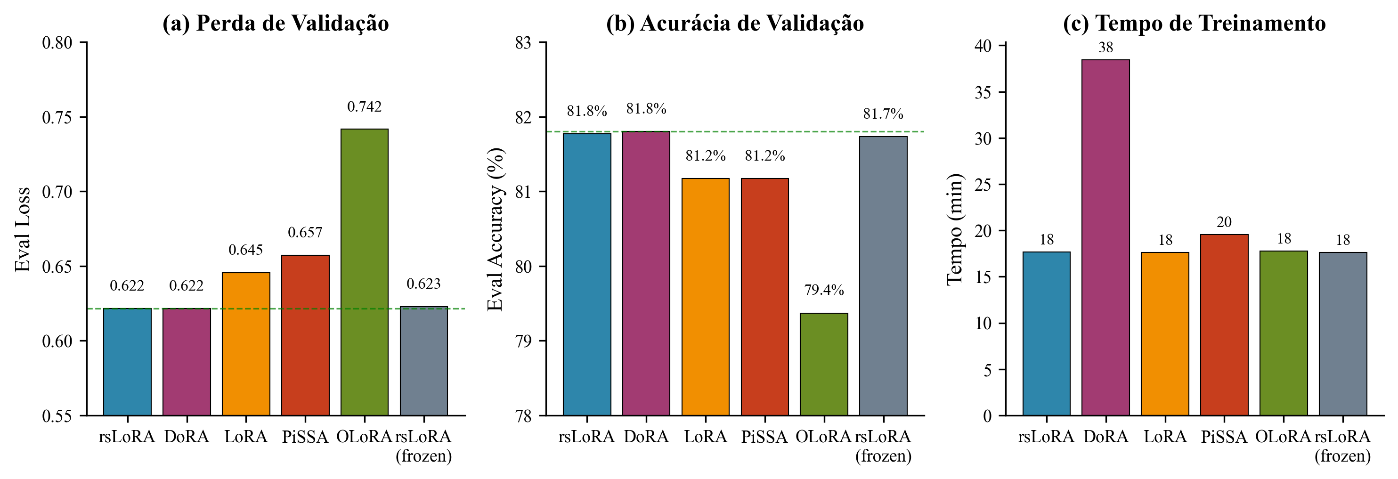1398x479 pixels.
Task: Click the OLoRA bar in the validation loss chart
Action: coord(364,271)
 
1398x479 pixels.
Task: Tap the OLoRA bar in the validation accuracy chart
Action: coord(824,364)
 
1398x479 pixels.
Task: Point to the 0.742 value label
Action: coord(364,107)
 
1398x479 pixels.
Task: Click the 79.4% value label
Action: coord(824,290)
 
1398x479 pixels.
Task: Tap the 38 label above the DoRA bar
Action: coord(1105,48)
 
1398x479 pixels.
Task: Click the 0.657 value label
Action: coord(305,233)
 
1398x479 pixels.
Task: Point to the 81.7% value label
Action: coord(883,114)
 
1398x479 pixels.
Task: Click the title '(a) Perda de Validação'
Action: coord(276,24)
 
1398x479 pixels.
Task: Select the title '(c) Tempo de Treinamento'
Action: coord(1195,24)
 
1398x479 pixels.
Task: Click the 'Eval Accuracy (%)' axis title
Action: coord(495,229)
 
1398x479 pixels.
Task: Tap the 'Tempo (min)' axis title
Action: coord(955,229)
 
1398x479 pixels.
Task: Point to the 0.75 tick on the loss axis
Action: coord(57,117)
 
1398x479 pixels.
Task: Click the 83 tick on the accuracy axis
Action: coord(523,43)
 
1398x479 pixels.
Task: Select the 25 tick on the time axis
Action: coord(983,185)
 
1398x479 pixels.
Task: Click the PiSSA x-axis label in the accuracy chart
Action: coord(764,437)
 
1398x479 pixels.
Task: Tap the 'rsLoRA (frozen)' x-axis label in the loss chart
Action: coord(423,446)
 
